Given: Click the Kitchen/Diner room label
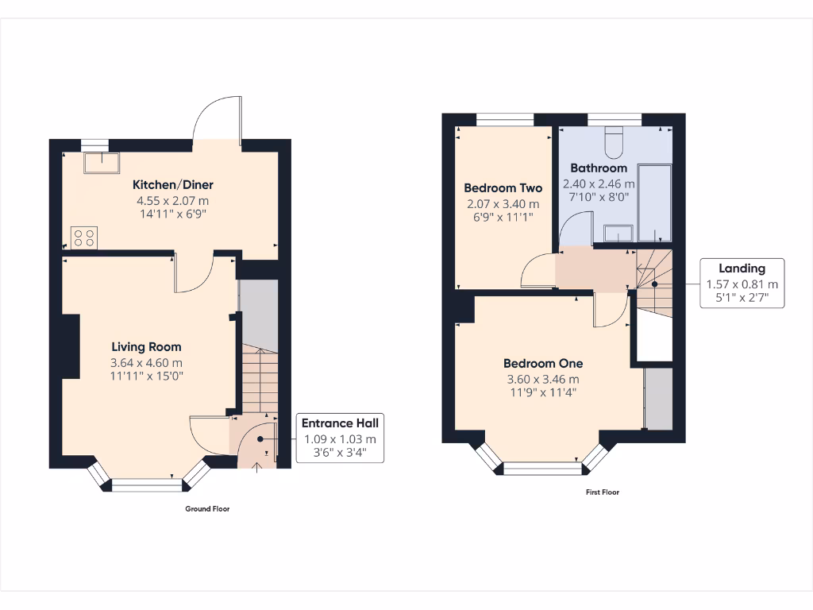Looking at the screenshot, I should tap(172, 184).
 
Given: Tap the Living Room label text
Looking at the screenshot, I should tap(146, 346).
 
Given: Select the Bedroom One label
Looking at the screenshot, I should tap(543, 363).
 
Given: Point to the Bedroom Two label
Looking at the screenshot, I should tap(503, 188).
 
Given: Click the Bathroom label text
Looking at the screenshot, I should tap(598, 168).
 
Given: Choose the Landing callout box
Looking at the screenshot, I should tap(742, 284).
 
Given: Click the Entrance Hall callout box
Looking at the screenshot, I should tap(339, 438).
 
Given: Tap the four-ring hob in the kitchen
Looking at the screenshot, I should tap(85, 237).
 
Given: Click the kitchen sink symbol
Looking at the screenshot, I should tap(102, 162).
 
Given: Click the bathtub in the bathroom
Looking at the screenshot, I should tap(655, 203).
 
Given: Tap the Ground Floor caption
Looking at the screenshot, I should tap(207, 508).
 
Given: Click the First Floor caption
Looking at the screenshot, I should tap(603, 492).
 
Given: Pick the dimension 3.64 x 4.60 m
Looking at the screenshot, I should tap(146, 363).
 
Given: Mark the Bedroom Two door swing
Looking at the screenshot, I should tap(537, 272).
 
